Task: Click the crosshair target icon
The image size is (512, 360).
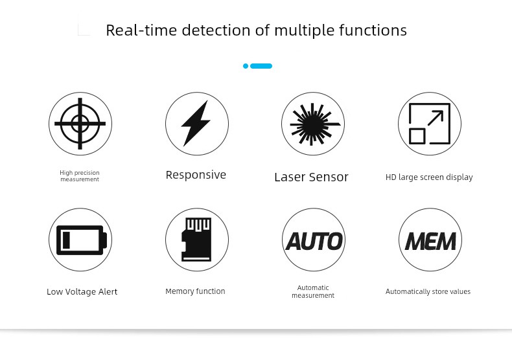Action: click(x=80, y=124)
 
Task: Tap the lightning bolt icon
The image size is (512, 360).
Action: click(x=196, y=124)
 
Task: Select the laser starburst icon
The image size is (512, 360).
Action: click(x=313, y=124)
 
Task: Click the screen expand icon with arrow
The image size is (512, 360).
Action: click(x=430, y=124)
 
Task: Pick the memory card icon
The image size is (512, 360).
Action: click(x=196, y=240)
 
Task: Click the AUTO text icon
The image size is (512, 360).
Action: click(x=314, y=241)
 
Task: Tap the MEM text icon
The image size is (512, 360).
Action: click(x=430, y=242)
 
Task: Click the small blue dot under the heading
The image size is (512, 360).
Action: click(x=246, y=66)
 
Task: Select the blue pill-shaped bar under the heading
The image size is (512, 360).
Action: click(x=261, y=66)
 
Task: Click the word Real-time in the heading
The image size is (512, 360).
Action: click(x=141, y=30)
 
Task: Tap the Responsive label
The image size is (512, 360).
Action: click(x=196, y=175)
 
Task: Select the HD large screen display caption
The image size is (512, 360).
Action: click(x=429, y=177)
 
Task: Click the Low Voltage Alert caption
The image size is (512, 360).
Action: click(x=82, y=291)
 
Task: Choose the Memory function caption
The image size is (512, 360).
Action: click(x=195, y=291)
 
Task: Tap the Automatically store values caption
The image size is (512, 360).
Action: click(x=428, y=291)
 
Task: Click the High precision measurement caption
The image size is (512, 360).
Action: click(x=80, y=176)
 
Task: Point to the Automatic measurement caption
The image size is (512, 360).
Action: click(x=313, y=291)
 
